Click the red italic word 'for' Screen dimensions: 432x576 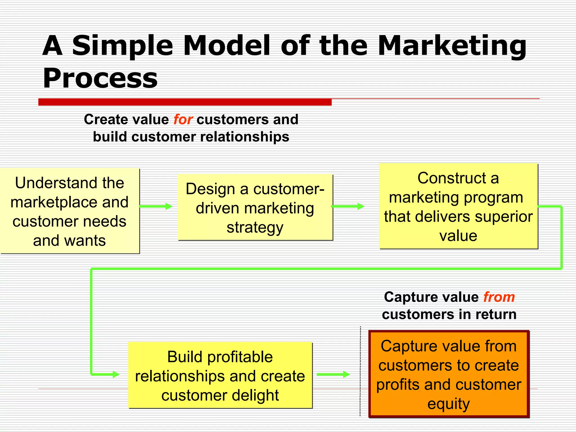(183, 120)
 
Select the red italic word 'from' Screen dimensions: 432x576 (499, 297)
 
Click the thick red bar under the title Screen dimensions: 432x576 (185, 102)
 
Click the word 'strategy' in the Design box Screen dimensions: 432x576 (255, 227)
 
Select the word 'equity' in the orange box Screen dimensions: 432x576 (448, 404)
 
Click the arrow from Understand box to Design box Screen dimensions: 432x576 (156, 206)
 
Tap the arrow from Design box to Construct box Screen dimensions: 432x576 (348, 206)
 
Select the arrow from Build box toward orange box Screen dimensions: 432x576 (333, 374)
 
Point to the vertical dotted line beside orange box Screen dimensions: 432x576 (360, 371)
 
